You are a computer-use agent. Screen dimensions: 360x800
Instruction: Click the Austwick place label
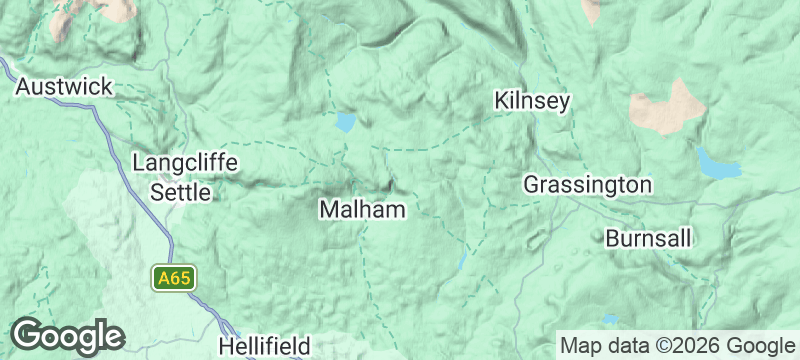(64, 87)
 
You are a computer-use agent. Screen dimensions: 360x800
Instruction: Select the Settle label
(181, 191)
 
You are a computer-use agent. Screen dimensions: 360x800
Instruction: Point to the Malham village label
(362, 209)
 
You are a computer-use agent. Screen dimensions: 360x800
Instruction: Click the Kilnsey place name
(532, 101)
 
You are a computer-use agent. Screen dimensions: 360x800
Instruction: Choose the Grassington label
(588, 185)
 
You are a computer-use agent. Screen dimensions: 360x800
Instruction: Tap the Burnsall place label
(650, 239)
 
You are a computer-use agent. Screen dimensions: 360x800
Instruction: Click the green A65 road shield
(172, 277)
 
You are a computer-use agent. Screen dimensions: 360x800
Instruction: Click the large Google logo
(67, 336)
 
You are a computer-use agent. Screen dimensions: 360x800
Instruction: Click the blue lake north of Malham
(346, 123)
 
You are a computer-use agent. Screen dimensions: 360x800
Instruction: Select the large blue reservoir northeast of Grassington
(718, 164)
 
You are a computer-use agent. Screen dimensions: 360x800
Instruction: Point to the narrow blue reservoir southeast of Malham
(462, 261)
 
